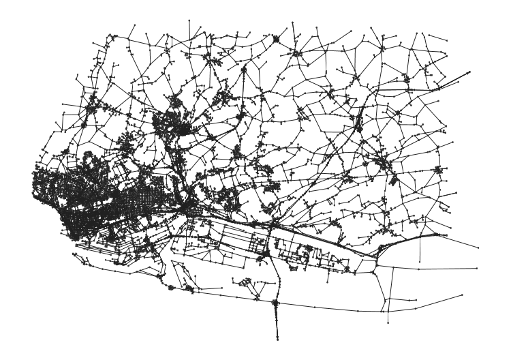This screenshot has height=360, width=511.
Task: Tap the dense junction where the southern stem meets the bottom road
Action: click(276, 303)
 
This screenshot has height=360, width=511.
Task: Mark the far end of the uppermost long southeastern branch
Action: click(478, 247)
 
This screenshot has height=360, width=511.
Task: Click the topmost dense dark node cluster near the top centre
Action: click(277, 40)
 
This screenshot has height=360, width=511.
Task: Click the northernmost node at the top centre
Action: click(293, 22)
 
